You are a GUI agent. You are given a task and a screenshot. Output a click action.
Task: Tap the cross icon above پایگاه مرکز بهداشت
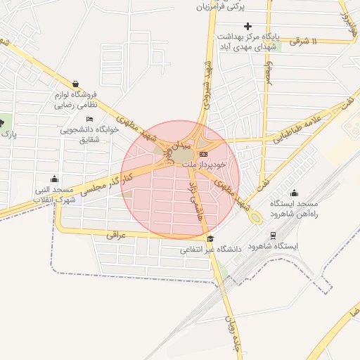pos(247,26)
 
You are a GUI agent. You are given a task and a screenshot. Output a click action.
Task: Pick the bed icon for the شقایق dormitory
pos(89,119)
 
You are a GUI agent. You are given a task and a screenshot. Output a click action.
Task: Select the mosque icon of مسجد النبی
pos(55,178)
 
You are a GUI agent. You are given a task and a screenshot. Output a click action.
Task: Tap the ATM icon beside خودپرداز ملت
pos(203,153)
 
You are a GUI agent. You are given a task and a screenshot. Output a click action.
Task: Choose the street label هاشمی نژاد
pos(193,196)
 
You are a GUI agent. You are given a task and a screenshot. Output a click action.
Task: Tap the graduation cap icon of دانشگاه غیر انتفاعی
pos(210,239)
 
